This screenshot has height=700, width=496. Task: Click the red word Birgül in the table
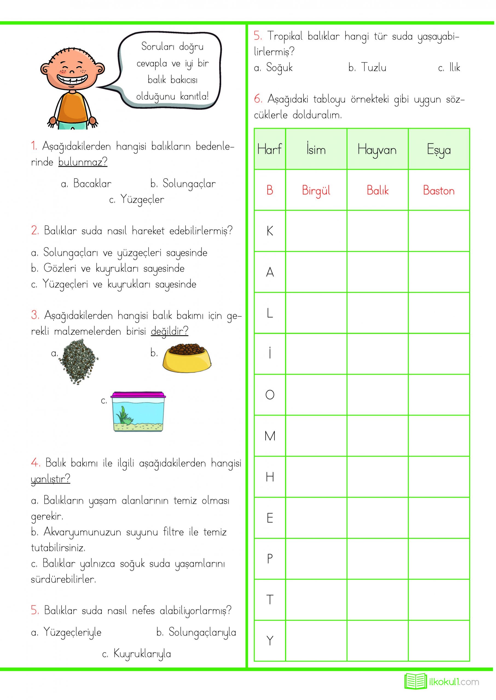coord(316,191)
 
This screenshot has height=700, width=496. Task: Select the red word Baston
coord(439,191)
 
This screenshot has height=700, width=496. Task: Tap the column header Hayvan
coord(377,150)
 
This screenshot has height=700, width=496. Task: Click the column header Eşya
coord(439,150)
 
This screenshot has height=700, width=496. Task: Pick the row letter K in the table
coord(270,231)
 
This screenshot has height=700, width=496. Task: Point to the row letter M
coord(270,436)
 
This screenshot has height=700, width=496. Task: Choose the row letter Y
coord(270,641)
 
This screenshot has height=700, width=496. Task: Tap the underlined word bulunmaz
coord(83,162)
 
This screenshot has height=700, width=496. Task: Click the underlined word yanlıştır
coord(50,479)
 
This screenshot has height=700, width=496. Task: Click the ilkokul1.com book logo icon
coord(415,681)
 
